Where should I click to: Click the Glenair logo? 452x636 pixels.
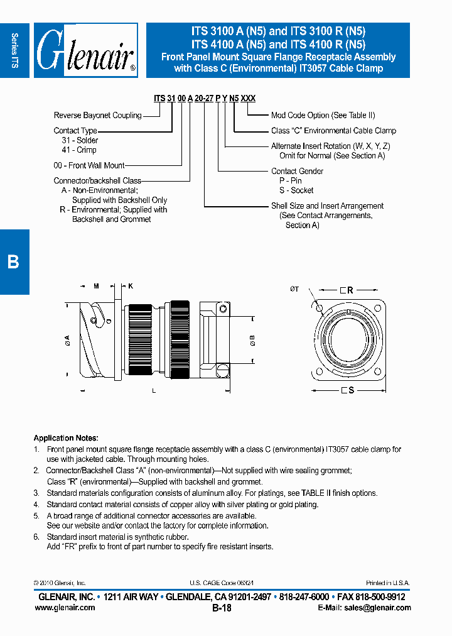coord(85,50)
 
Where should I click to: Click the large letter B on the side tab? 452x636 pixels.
coord(13,262)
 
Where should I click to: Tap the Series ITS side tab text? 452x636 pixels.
coord(14,50)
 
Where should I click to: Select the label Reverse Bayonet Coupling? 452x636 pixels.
coord(97,116)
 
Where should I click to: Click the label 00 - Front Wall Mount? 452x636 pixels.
coord(89,165)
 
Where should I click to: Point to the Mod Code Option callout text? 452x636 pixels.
coord(323,116)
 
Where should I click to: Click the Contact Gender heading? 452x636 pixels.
coord(297,171)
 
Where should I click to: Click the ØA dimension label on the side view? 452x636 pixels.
coord(67,341)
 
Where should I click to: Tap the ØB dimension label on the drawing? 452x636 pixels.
coord(252,340)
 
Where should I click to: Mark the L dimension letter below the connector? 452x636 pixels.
coord(154,391)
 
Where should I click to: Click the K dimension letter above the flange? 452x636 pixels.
coord(131,286)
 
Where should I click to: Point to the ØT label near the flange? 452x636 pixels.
coord(294,289)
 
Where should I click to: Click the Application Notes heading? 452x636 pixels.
coord(66,438)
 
